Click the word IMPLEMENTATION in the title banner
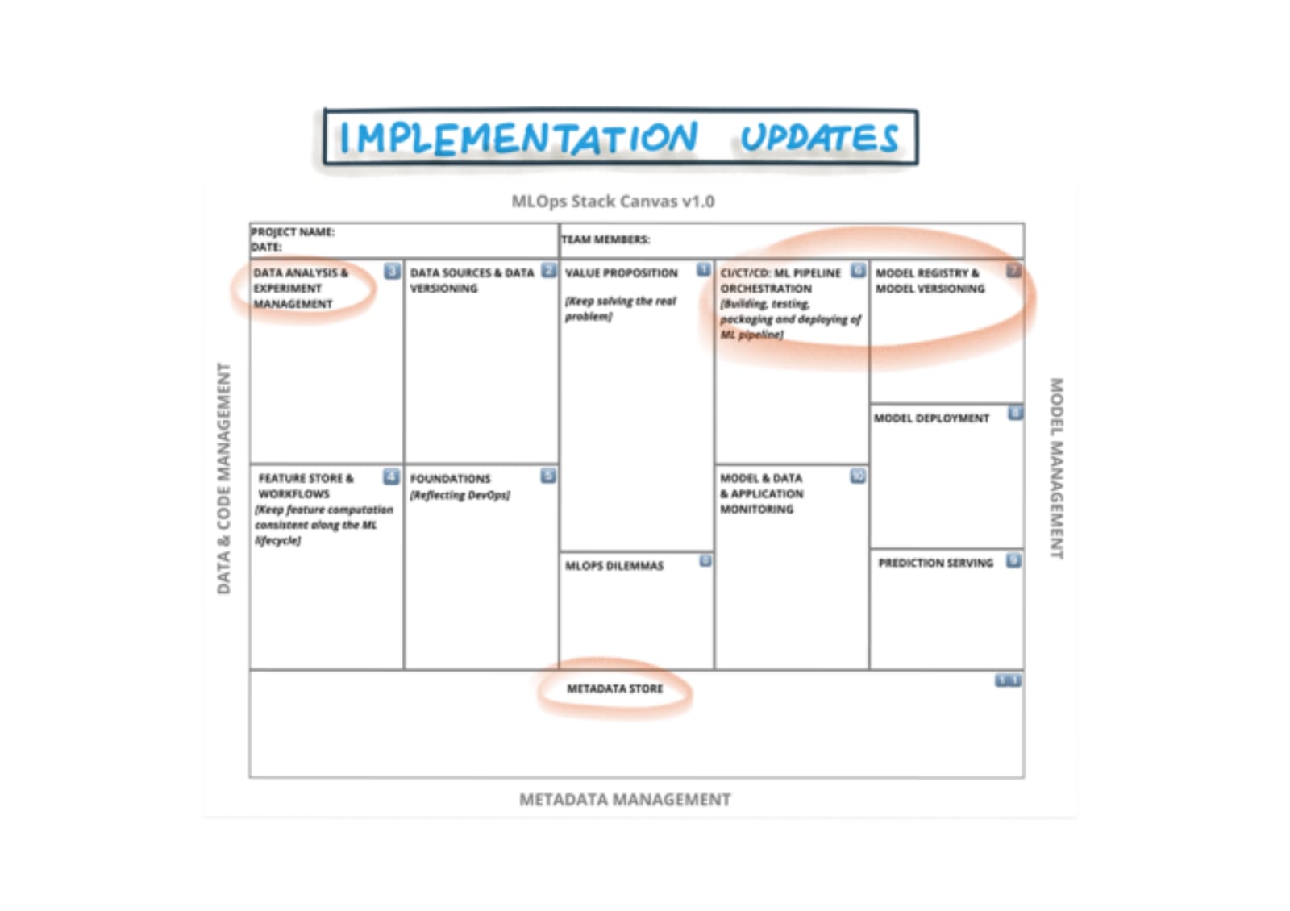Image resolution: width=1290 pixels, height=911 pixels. tap(518, 138)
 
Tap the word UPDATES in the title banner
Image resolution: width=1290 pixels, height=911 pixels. tap(818, 138)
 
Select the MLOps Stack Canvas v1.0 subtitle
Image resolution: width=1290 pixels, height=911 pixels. tap(613, 202)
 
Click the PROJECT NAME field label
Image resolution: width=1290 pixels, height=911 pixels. tap(293, 232)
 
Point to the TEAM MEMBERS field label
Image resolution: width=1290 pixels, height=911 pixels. tap(605, 239)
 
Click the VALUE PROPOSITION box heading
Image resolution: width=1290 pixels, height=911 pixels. tap(621, 273)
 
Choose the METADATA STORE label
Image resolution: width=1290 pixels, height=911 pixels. tap(614, 688)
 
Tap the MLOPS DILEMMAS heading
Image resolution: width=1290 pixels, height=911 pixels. tap(614, 566)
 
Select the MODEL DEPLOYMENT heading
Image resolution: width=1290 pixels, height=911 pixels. tap(931, 418)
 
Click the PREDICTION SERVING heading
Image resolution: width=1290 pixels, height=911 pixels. tap(935, 563)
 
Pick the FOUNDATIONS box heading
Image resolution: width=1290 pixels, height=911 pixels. tap(450, 479)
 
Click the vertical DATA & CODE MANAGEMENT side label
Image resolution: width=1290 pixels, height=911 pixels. tap(224, 479)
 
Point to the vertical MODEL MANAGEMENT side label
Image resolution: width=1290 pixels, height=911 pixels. tap(1055, 468)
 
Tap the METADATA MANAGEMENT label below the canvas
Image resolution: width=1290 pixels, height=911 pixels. tap(625, 800)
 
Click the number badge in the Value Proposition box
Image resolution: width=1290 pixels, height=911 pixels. tap(704, 269)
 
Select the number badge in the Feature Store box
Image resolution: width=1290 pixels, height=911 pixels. tap(391, 476)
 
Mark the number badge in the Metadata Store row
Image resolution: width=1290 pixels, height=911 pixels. tap(1007, 681)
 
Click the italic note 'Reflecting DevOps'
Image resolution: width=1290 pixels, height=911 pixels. tap(460, 495)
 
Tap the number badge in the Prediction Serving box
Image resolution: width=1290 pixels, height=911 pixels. tap(1013, 560)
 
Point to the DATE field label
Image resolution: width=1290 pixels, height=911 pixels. tap(266, 247)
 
